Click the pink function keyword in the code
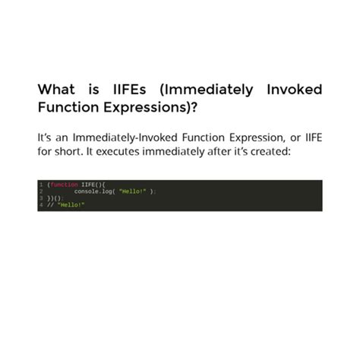click(x=64, y=185)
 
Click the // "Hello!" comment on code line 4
click(x=65, y=205)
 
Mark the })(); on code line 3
click(x=54, y=198)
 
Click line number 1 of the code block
click(x=40, y=185)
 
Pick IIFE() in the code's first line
click(x=93, y=185)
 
